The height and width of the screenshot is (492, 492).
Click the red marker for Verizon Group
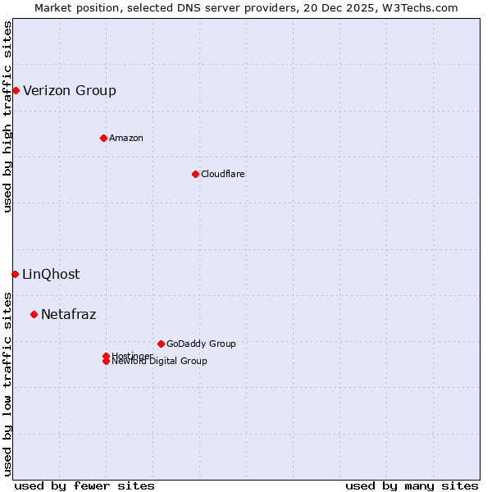pos(16,90)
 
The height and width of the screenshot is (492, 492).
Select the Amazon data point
pos(103,138)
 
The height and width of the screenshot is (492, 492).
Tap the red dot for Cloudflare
pos(195,174)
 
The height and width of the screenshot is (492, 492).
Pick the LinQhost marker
pos(15,274)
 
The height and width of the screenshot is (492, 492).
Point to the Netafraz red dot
pos(34,314)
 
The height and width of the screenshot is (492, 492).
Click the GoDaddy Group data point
pos(161,344)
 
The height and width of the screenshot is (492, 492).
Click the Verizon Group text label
pos(70,90)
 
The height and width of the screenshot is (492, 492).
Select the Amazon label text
pos(126,138)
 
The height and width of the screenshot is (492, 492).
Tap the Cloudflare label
pos(223,174)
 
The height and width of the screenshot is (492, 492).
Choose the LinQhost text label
pos(51,274)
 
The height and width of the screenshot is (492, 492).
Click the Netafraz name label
pos(69,314)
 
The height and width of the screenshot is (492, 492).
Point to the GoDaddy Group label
pos(201,344)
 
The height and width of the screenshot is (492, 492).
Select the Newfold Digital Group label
pos(160,362)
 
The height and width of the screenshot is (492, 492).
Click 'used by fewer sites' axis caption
pos(84,485)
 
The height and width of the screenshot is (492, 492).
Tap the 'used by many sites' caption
pos(412,485)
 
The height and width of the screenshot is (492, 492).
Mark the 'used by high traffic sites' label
pos(7,116)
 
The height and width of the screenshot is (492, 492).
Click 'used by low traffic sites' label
pos(7,384)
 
